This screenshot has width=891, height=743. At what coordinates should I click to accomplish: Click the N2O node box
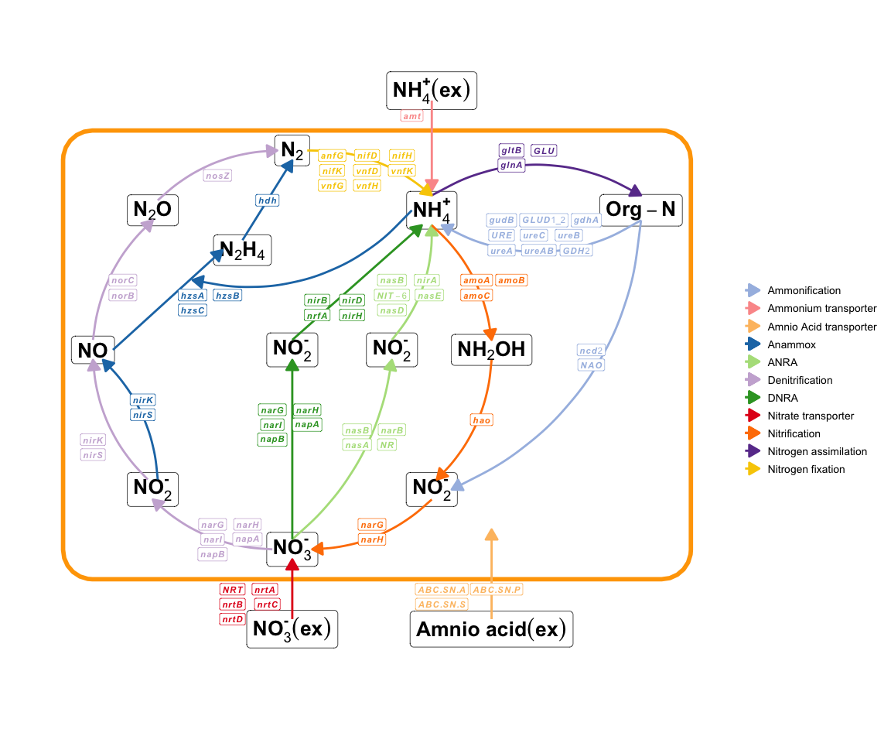tap(152, 210)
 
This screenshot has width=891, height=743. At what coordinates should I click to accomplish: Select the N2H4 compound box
tap(242, 250)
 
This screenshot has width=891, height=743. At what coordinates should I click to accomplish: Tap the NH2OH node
tap(491, 349)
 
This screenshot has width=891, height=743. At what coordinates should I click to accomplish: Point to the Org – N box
tap(641, 210)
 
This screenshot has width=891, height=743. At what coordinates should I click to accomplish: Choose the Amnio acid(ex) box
tap(491, 629)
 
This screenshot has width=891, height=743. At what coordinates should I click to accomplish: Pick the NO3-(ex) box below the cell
tap(292, 629)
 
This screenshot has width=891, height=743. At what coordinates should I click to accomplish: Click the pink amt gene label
tap(411, 116)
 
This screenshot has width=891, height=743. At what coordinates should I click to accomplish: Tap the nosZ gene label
tap(217, 176)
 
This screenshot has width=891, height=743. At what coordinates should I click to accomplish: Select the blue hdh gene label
tap(267, 200)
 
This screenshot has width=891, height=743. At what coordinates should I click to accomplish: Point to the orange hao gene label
tap(482, 419)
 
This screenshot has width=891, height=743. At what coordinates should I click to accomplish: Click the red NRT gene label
tap(232, 590)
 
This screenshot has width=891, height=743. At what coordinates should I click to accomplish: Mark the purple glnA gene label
tap(511, 164)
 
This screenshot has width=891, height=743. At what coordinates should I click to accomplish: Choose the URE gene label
tap(500, 235)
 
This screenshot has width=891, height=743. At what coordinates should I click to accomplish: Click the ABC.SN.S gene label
tap(442, 604)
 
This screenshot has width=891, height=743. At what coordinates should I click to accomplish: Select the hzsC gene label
tap(193, 310)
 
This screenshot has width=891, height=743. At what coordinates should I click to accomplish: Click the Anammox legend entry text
tap(791, 344)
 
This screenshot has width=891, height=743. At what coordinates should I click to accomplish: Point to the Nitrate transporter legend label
tap(811, 416)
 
